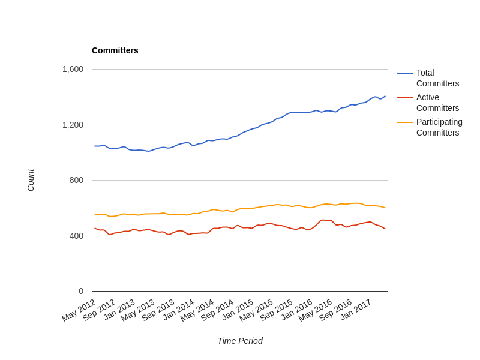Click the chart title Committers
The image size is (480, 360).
(x=115, y=50)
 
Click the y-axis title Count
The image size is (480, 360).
(x=31, y=180)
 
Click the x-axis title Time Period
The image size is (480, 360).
(x=239, y=341)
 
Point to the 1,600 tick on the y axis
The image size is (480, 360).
(x=73, y=69)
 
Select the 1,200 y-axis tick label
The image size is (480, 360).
(x=73, y=125)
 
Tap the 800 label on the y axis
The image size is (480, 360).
(x=76, y=180)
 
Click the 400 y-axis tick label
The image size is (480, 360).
(x=76, y=236)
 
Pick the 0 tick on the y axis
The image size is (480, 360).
(x=81, y=291)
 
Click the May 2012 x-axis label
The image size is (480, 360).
(x=79, y=310)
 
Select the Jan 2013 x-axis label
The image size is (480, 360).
(x=119, y=310)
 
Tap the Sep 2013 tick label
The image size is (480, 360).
(x=158, y=310)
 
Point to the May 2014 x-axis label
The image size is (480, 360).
(x=197, y=310)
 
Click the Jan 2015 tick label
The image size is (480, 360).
(x=238, y=310)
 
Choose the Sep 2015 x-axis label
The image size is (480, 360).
(x=277, y=310)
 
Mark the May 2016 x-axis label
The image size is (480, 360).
(x=316, y=310)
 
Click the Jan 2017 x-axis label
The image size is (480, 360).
(x=356, y=310)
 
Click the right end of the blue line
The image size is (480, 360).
(x=385, y=96)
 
